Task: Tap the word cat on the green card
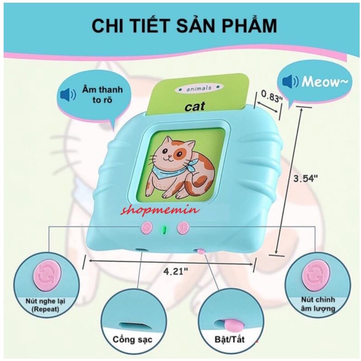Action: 195,106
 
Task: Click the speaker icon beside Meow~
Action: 290,82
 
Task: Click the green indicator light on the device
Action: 165,228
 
